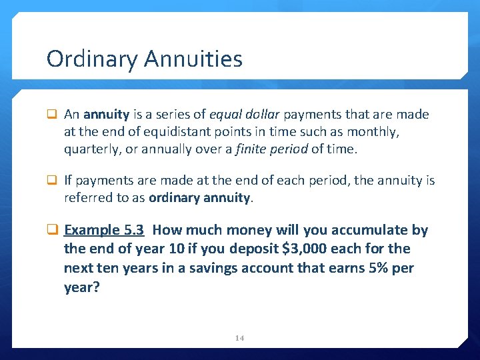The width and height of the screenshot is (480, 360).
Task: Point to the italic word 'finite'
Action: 254,149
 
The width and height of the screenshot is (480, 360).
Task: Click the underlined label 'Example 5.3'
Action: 104,231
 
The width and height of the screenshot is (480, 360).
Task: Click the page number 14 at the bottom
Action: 240,338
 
